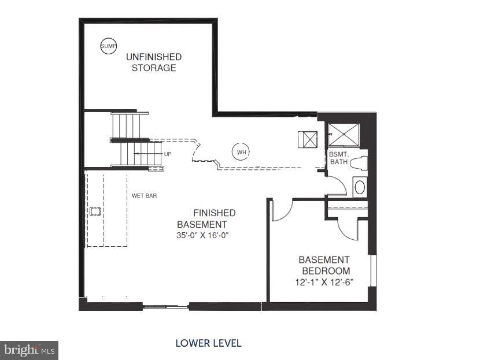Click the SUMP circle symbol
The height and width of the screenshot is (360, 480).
(x=108, y=46)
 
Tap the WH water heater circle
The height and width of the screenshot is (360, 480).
(x=241, y=152)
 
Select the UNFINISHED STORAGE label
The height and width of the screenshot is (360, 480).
(x=154, y=62)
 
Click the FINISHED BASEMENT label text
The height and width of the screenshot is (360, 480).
(x=206, y=218)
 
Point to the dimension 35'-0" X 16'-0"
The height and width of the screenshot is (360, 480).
(x=206, y=236)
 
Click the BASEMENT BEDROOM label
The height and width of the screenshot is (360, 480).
(x=324, y=265)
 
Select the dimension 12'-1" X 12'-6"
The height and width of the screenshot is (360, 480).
(x=324, y=282)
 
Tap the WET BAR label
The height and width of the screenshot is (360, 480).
(x=144, y=196)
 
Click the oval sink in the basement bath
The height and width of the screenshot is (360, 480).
(x=360, y=187)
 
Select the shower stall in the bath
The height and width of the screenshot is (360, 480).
(x=343, y=135)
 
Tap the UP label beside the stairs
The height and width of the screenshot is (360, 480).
(x=168, y=154)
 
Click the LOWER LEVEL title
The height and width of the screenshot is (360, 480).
(x=208, y=343)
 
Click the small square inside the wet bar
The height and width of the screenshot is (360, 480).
(x=95, y=211)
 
